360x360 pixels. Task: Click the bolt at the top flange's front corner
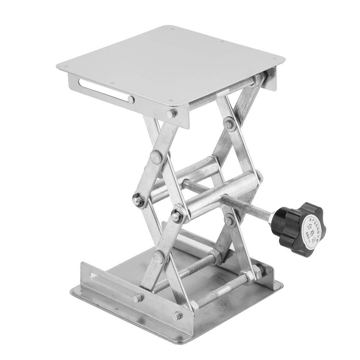[x=172, y=114]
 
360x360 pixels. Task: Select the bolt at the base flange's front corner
[x=176, y=316]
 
